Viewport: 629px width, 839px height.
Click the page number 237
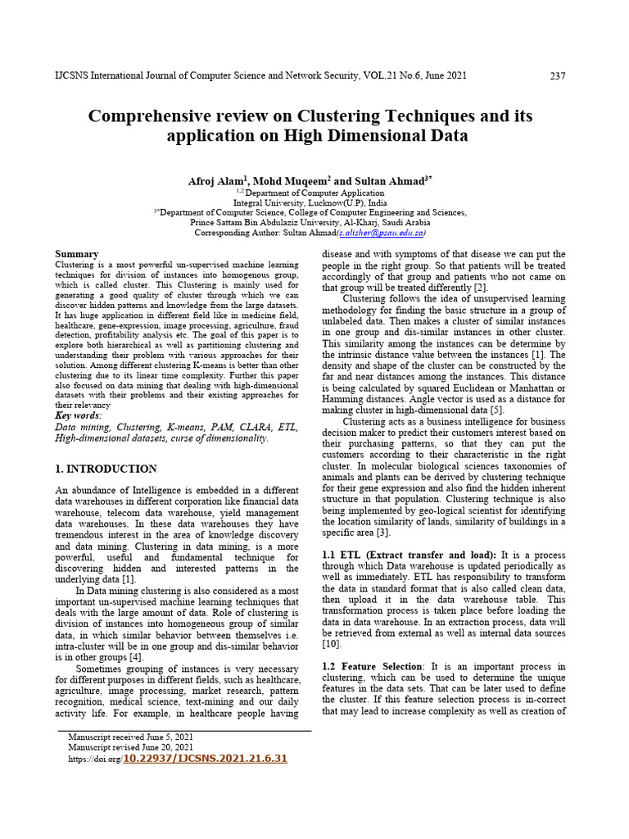point(557,76)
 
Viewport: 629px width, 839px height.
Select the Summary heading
point(76,254)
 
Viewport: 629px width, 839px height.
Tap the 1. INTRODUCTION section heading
point(106,469)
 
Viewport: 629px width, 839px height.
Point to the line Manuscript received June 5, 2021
point(131,737)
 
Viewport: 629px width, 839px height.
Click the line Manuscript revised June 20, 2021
point(131,747)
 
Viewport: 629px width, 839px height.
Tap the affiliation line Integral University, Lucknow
point(310,201)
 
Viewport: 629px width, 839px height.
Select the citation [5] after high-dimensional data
point(496,410)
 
